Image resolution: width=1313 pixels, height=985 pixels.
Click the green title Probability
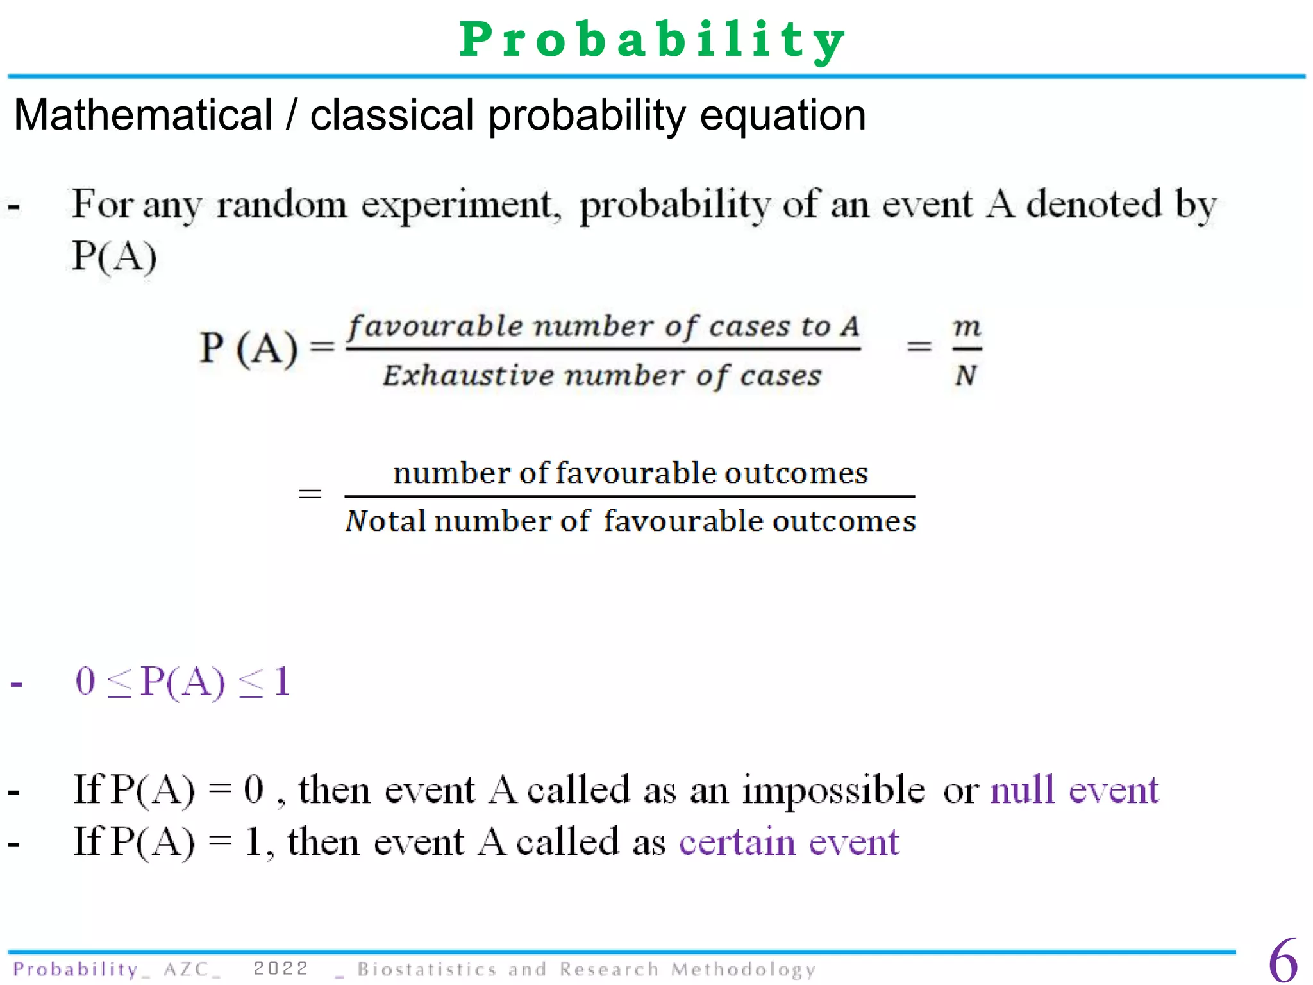tap(653, 40)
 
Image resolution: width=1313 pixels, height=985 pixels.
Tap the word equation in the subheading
tap(783, 115)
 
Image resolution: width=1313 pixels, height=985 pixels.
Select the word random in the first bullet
tap(281, 205)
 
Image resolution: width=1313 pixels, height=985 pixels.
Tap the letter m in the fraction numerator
tap(967, 327)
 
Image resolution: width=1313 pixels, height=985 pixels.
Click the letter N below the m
tap(966, 376)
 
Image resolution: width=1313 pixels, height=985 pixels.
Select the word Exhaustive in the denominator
tap(468, 376)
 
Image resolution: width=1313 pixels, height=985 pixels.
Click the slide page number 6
tap(1283, 961)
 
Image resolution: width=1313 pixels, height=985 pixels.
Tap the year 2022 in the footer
tap(281, 968)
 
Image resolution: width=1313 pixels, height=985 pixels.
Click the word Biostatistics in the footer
tap(427, 969)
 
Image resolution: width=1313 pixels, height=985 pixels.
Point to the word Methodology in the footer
tap(743, 969)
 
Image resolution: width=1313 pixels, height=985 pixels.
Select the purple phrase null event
tap(1075, 789)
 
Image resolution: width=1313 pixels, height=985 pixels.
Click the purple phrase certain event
tap(789, 843)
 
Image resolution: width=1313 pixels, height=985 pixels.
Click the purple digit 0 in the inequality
tap(85, 681)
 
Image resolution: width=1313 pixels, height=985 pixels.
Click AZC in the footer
tap(186, 969)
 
